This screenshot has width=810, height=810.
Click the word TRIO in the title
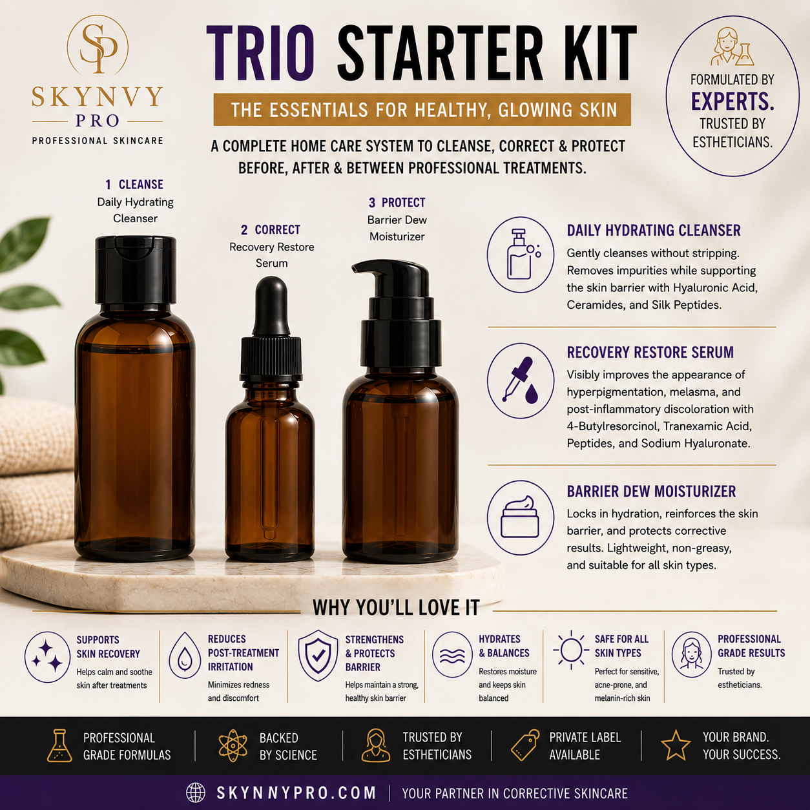(x=260, y=52)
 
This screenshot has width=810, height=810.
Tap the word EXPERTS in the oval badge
(x=732, y=101)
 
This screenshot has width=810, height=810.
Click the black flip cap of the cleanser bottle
(x=136, y=269)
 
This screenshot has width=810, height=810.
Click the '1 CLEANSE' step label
(x=134, y=185)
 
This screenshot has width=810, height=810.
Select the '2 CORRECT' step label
(x=271, y=230)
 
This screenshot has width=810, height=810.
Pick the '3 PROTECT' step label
(x=397, y=203)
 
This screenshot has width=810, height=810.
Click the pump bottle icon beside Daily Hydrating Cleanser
(x=521, y=254)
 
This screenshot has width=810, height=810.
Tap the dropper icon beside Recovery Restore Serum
(x=521, y=380)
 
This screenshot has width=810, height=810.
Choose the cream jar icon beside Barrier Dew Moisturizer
(x=521, y=517)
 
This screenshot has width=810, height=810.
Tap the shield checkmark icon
(x=318, y=656)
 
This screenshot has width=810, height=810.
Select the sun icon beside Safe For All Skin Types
(x=571, y=650)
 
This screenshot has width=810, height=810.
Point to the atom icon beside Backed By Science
(x=233, y=745)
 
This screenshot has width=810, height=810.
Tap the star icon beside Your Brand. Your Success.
(x=676, y=745)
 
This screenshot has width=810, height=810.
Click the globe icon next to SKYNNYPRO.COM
(x=196, y=793)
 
